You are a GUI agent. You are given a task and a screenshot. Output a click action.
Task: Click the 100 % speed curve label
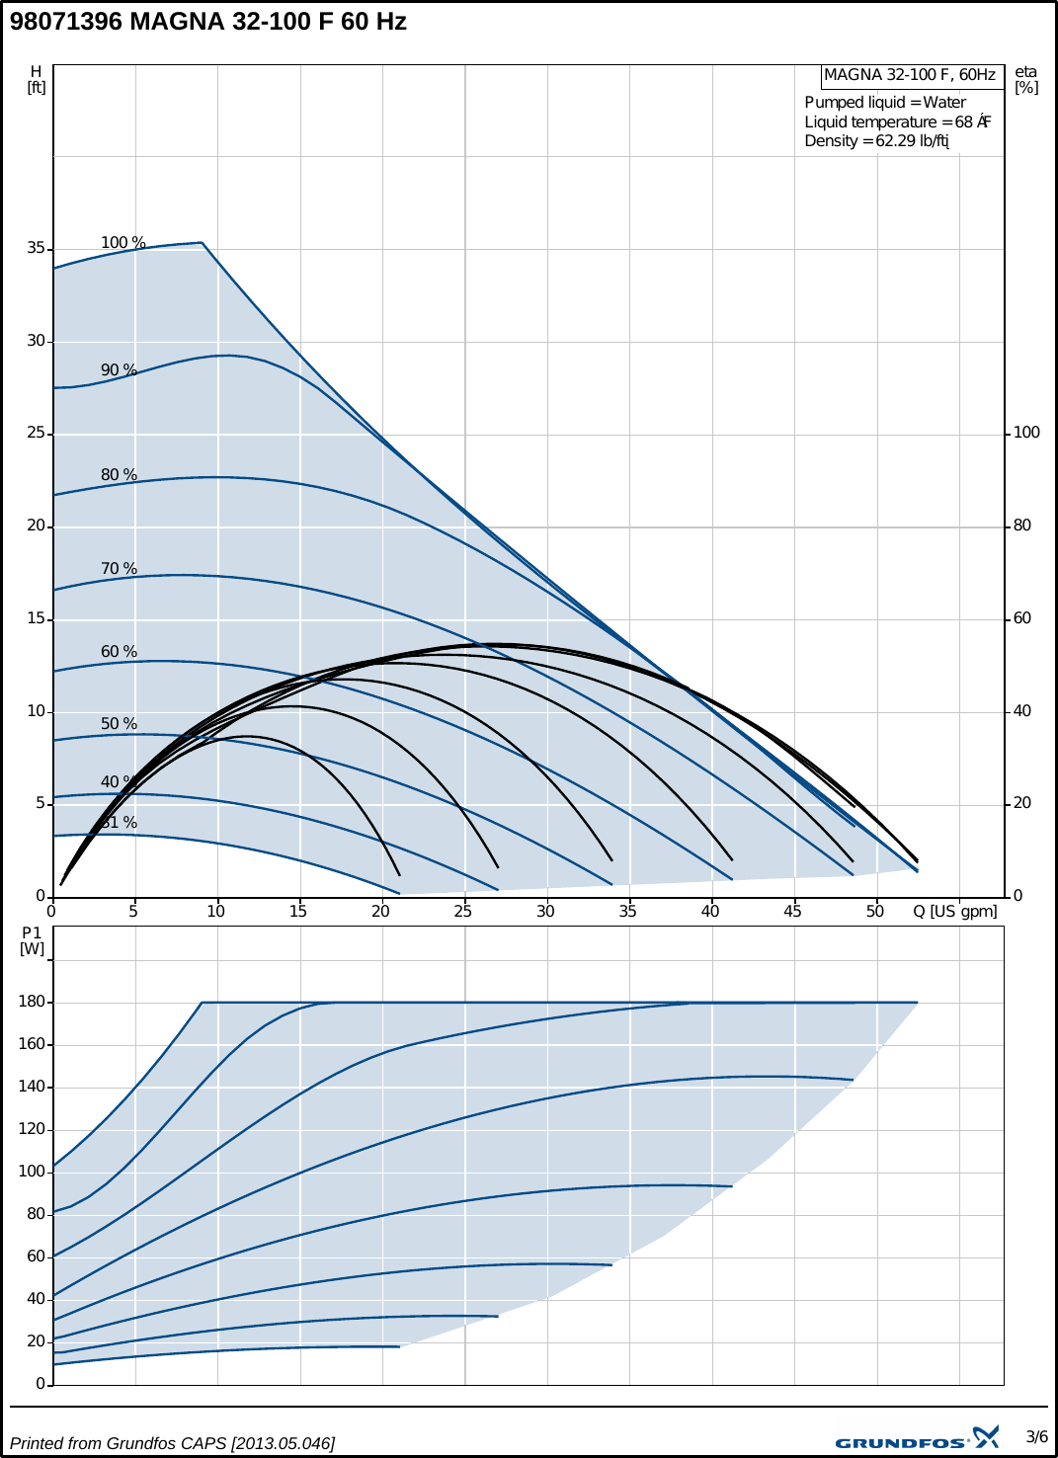[x=122, y=243]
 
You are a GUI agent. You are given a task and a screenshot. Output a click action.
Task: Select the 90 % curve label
[x=119, y=370]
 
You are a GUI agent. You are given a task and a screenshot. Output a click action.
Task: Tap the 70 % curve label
[x=119, y=569]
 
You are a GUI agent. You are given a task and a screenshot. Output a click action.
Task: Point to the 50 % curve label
[x=119, y=724]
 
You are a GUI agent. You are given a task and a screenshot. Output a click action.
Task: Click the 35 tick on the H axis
[x=37, y=248]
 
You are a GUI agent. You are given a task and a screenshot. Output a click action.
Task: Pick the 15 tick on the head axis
[x=37, y=618]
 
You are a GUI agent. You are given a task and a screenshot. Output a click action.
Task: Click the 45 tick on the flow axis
[x=792, y=911]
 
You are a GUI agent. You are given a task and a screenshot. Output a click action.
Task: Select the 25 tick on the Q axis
[x=462, y=911]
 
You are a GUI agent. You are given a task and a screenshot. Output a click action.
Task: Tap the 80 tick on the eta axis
[x=1022, y=526]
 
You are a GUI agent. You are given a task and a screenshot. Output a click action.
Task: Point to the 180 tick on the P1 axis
[x=32, y=1002]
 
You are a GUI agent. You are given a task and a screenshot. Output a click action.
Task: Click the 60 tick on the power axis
[x=36, y=1256]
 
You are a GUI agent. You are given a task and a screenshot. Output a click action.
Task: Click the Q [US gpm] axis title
[x=954, y=911]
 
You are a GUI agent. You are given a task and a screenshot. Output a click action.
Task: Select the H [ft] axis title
[x=37, y=79]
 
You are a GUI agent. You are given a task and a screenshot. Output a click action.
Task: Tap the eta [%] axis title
[x=1026, y=79]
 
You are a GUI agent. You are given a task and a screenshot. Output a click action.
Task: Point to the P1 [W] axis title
[x=33, y=940]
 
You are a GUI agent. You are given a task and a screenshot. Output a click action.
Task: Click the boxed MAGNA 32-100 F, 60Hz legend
[x=910, y=75]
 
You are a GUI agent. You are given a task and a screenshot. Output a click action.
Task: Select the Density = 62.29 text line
[x=876, y=141]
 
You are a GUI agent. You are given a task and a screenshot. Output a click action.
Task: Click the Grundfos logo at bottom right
[x=917, y=1439]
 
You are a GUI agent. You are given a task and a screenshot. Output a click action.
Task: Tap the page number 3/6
[x=1036, y=1436]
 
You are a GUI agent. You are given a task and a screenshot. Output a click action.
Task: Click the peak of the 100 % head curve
[x=202, y=242]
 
